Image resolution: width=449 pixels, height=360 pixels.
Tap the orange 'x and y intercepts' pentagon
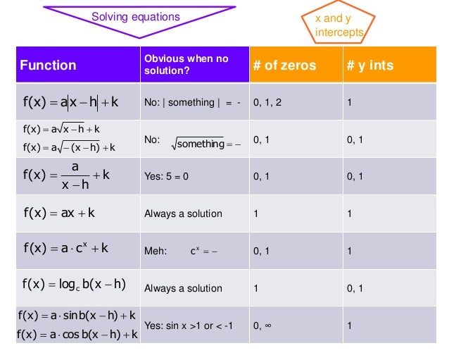click(x=339, y=25)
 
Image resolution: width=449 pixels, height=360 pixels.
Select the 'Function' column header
click(x=48, y=66)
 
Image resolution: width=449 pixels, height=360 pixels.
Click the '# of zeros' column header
click(x=284, y=66)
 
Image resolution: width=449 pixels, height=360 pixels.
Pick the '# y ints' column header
click(x=370, y=66)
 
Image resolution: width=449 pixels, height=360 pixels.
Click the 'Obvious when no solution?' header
click(x=186, y=65)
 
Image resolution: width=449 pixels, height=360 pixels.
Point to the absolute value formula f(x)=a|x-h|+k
click(x=70, y=102)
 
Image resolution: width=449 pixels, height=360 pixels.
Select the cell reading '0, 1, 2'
click(x=268, y=103)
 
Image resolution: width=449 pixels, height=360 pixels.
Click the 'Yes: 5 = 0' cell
click(x=166, y=177)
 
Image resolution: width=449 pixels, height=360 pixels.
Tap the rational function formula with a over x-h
click(x=67, y=176)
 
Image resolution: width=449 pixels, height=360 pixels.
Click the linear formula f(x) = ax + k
click(x=59, y=213)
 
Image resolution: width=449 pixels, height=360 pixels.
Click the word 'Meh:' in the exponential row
click(x=156, y=250)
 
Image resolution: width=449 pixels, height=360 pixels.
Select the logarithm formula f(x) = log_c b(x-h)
click(x=74, y=285)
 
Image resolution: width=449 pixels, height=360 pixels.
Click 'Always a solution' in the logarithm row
click(x=183, y=288)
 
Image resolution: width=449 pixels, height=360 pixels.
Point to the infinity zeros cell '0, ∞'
click(x=263, y=325)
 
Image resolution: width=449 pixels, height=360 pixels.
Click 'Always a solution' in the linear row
click(x=183, y=213)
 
